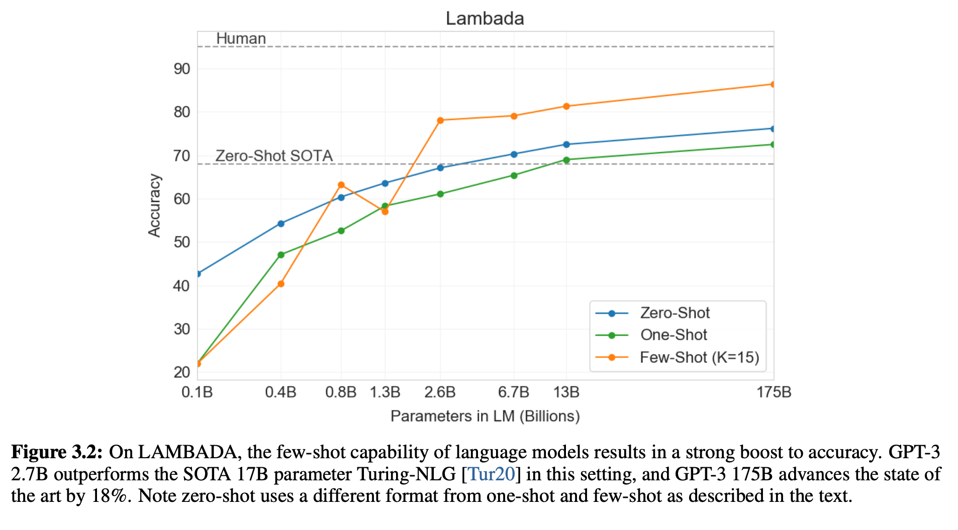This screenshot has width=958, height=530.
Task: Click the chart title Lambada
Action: tap(485, 19)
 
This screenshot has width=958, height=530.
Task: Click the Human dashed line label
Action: tap(241, 39)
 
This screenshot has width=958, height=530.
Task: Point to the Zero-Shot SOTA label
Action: tap(274, 156)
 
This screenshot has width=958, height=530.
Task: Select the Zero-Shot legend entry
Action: tap(675, 313)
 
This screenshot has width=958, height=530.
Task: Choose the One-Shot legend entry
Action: tap(674, 335)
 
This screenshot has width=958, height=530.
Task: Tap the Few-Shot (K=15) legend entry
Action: tap(699, 357)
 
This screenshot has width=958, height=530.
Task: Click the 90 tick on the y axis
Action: tap(182, 69)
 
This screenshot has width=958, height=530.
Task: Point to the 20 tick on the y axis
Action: tap(182, 372)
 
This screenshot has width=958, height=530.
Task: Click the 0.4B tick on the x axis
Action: tap(280, 392)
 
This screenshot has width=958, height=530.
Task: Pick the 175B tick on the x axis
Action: tap(774, 392)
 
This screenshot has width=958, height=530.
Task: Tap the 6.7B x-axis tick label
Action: tap(514, 392)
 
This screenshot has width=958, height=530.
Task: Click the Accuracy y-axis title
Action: tap(154, 205)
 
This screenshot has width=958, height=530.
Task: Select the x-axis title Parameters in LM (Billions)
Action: tap(485, 416)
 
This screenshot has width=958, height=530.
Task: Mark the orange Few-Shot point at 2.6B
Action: tap(440, 120)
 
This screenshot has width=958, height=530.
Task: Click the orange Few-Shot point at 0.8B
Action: tap(341, 185)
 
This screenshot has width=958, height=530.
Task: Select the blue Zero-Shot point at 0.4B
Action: tap(281, 223)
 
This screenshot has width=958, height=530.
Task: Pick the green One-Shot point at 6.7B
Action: tap(514, 176)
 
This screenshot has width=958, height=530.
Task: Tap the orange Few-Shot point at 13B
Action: tap(566, 106)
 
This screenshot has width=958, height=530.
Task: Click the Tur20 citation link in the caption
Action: tap(491, 474)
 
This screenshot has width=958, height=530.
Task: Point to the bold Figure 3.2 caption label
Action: tap(57, 452)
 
